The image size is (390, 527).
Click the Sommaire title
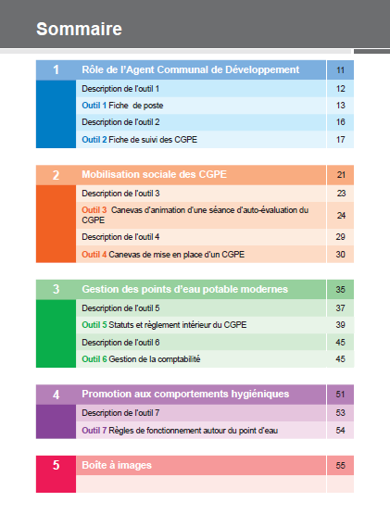pos(79,29)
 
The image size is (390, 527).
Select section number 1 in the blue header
pos(56,69)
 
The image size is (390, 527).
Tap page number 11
pos(340,70)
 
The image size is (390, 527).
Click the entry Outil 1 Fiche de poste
pos(122,106)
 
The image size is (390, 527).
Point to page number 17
pos(340,140)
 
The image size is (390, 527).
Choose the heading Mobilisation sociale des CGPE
pos(154,174)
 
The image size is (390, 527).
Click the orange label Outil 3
pos(94,210)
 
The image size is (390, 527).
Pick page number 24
pos(341,216)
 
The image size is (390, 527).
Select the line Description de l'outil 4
pos(120,237)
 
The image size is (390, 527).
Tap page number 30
pos(340,255)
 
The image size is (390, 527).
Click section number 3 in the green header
pos(56,289)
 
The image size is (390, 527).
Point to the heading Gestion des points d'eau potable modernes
pos(184,289)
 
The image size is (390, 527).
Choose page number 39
pos(340,325)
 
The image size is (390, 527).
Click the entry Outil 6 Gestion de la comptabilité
pos(141,359)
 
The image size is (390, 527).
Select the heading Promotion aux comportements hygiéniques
pos(185,394)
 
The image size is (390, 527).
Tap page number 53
pos(340,413)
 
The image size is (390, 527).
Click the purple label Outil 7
pos(94,431)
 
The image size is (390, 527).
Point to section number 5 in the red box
pos(56,465)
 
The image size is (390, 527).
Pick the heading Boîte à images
pos(117,465)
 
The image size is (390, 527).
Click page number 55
pos(340,466)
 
